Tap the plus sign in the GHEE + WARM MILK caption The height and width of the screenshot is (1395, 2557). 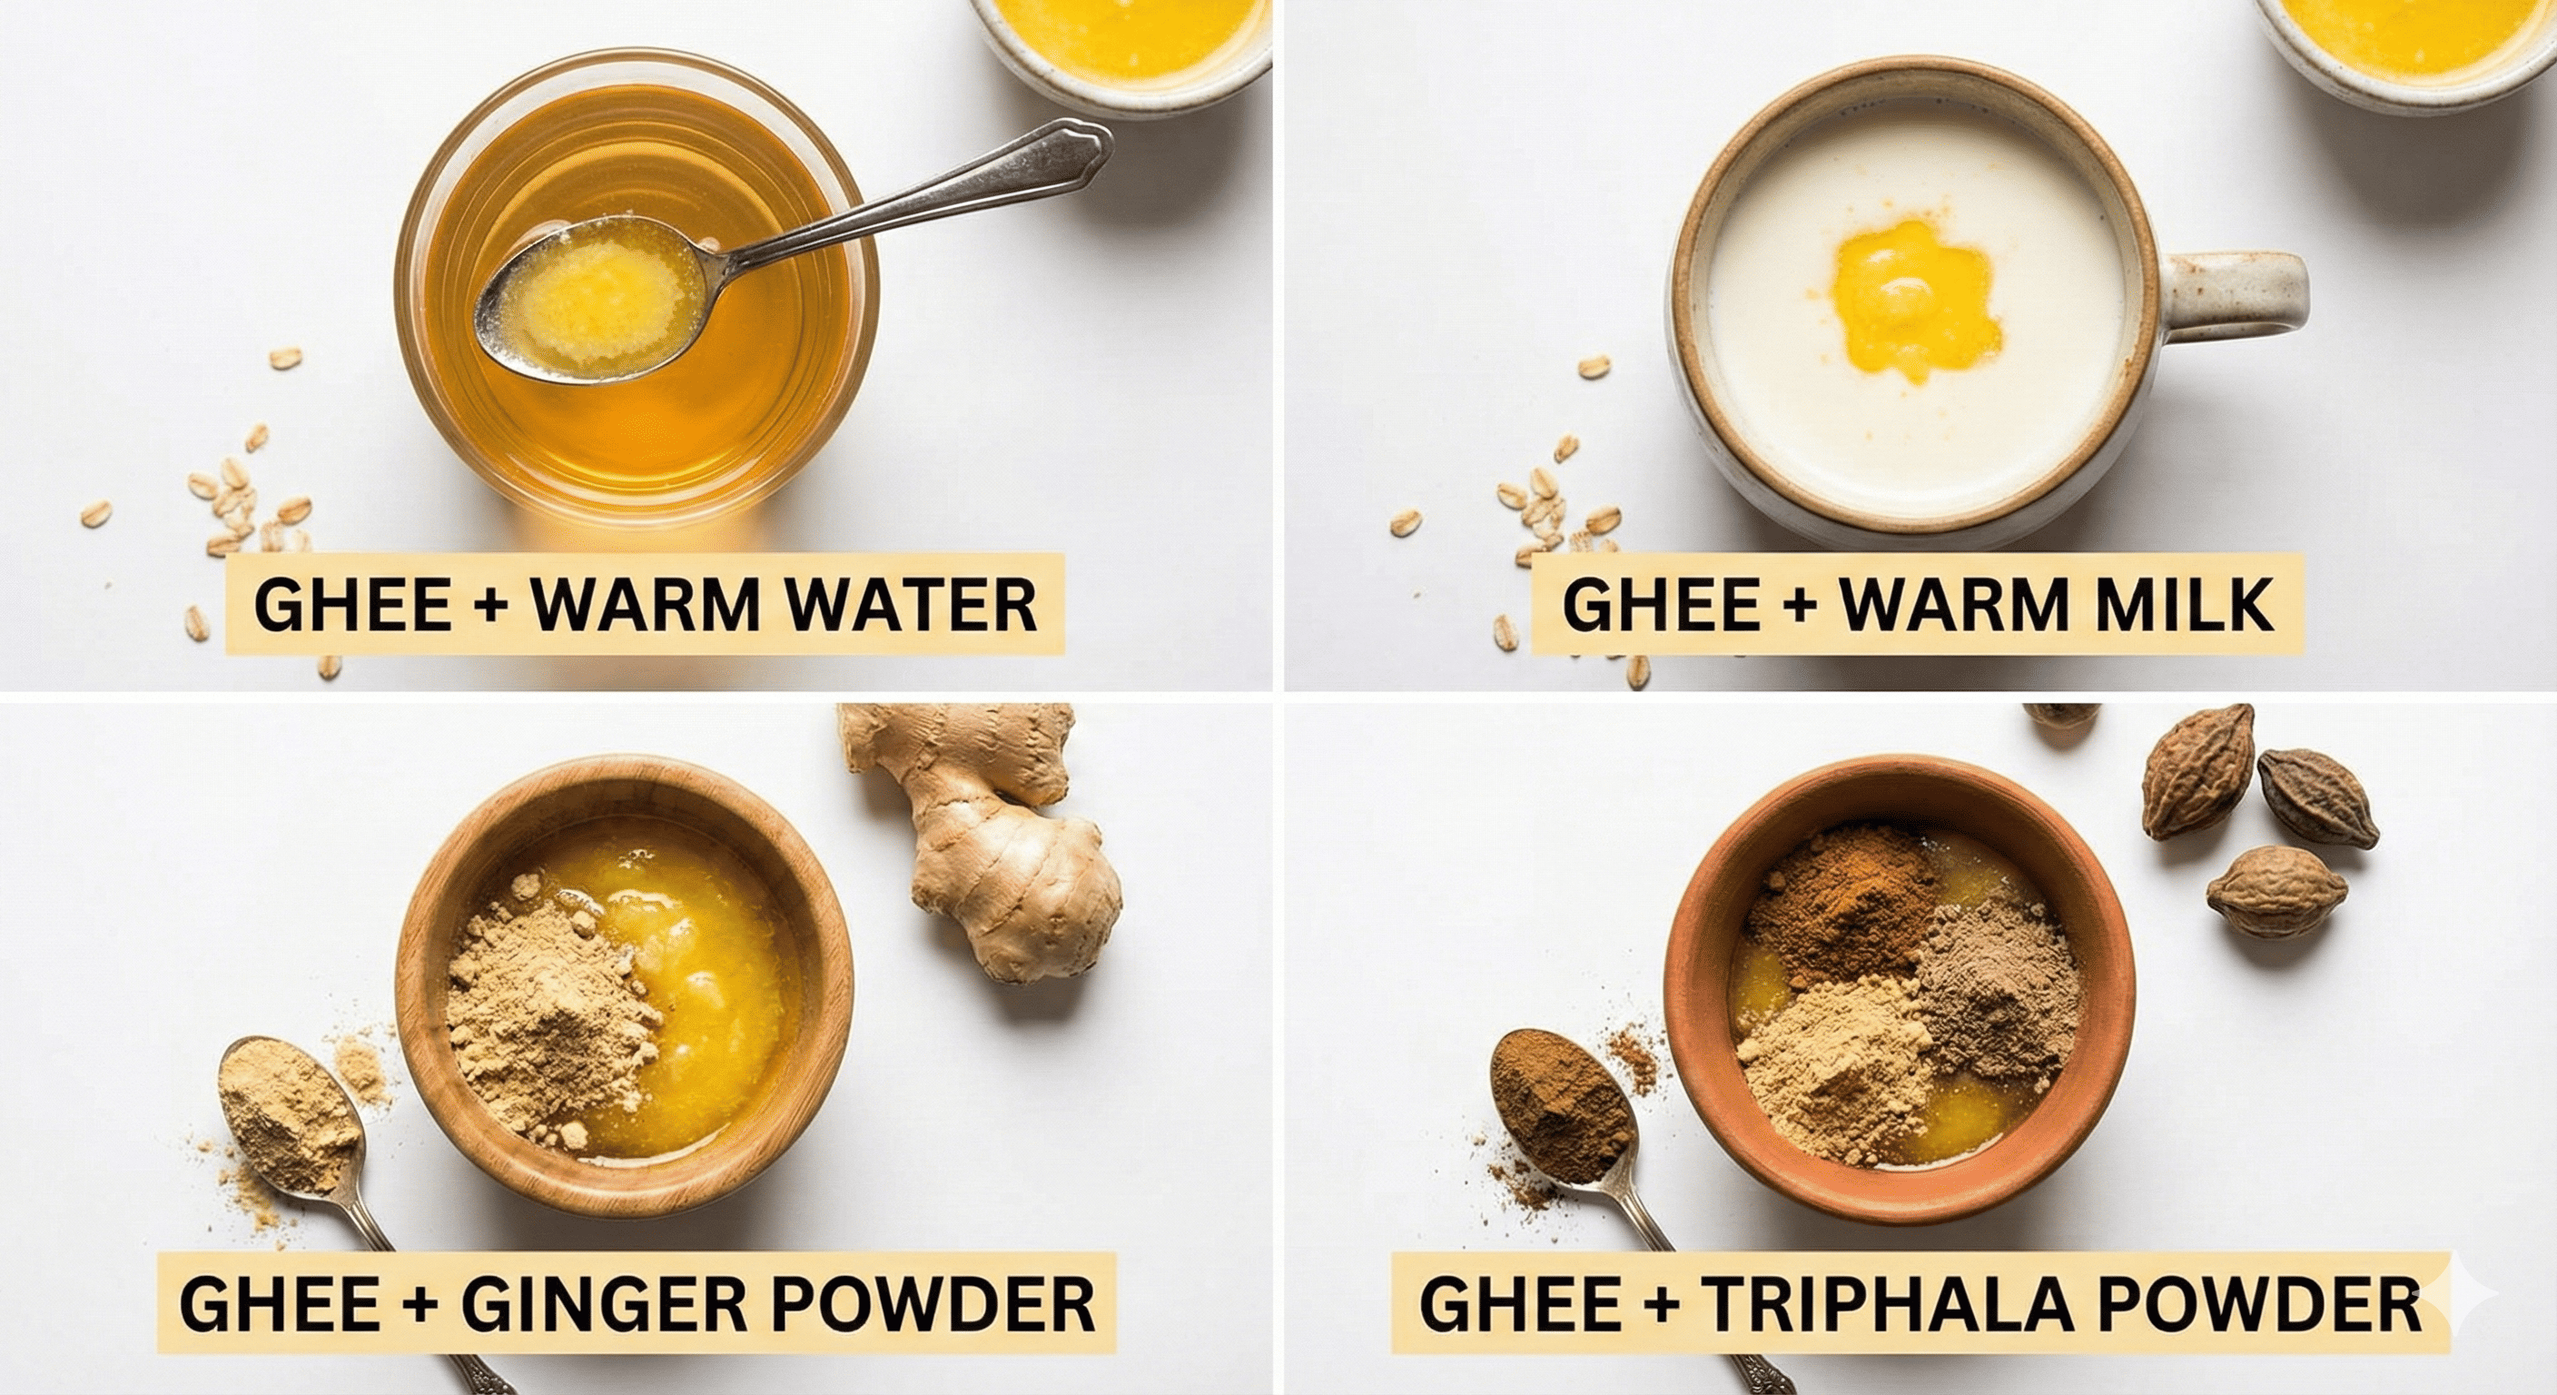click(x=1800, y=605)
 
